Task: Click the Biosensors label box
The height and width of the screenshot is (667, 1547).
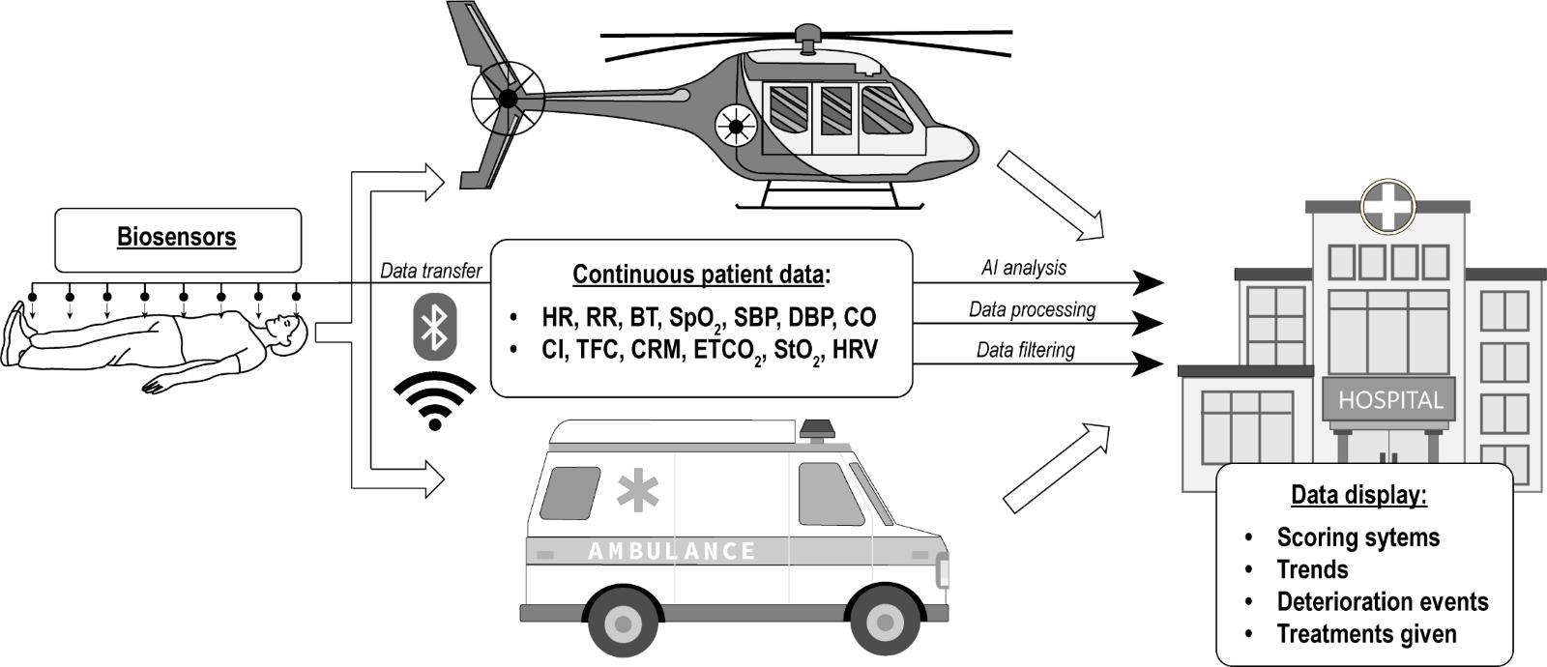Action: (x=177, y=239)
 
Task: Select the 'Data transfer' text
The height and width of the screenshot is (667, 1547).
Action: (x=430, y=271)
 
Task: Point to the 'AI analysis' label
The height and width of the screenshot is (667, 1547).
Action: (x=1024, y=268)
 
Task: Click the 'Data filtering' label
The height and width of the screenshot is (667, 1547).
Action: (x=1025, y=349)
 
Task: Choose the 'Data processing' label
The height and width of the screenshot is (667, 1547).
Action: (x=1032, y=309)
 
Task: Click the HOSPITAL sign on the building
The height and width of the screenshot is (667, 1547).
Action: (x=1389, y=399)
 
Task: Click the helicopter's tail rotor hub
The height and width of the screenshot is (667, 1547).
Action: (x=507, y=99)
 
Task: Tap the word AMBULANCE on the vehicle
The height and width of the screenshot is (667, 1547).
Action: (x=672, y=551)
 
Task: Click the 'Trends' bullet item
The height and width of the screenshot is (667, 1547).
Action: (x=1312, y=569)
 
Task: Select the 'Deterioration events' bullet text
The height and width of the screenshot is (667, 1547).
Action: (x=1382, y=601)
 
